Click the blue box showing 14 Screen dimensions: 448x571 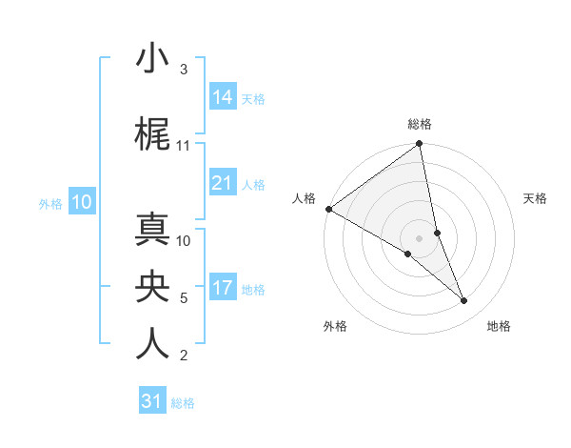click(223, 96)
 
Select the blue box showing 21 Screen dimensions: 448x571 click(223, 183)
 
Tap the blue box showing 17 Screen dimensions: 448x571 click(223, 288)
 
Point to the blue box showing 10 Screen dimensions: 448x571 click(82, 201)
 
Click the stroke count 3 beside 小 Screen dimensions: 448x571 click(183, 70)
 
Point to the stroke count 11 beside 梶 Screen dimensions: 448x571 click(184, 146)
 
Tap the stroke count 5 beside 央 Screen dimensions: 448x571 click(183, 298)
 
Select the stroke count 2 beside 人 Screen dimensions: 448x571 click(183, 356)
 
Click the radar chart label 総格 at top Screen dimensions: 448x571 click(420, 124)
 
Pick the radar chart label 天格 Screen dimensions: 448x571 click(535, 198)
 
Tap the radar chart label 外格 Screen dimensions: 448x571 click(335, 326)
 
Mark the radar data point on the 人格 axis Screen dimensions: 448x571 click(328, 209)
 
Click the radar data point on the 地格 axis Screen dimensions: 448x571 click(464, 300)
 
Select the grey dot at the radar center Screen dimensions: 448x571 click(419, 237)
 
